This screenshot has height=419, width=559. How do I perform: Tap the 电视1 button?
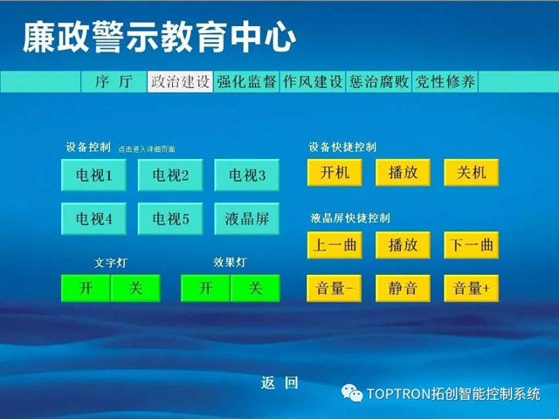(x=93, y=175)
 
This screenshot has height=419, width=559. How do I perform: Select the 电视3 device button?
(x=246, y=175)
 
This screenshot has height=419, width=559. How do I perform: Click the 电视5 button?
(x=170, y=219)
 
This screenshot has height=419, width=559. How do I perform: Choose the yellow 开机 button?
(x=335, y=173)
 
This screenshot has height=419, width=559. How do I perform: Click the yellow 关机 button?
(x=472, y=173)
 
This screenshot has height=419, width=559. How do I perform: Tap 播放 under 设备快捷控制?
(x=403, y=173)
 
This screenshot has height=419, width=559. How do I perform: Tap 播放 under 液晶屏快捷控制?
(x=403, y=245)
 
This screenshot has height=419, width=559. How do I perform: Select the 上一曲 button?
(x=335, y=245)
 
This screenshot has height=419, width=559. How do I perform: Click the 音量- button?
(x=334, y=288)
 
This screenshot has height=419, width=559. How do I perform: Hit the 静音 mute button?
(x=403, y=288)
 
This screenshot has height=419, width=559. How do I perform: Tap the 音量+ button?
(x=472, y=288)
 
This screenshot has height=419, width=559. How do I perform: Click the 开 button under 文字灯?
(x=86, y=288)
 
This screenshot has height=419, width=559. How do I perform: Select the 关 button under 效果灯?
(x=255, y=288)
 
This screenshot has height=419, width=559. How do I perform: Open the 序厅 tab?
(x=114, y=81)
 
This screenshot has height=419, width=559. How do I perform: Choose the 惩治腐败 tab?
(x=378, y=81)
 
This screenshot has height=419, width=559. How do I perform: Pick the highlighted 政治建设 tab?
(x=180, y=81)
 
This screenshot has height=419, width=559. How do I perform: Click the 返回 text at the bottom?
(x=279, y=383)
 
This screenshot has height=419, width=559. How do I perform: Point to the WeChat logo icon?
(x=352, y=393)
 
